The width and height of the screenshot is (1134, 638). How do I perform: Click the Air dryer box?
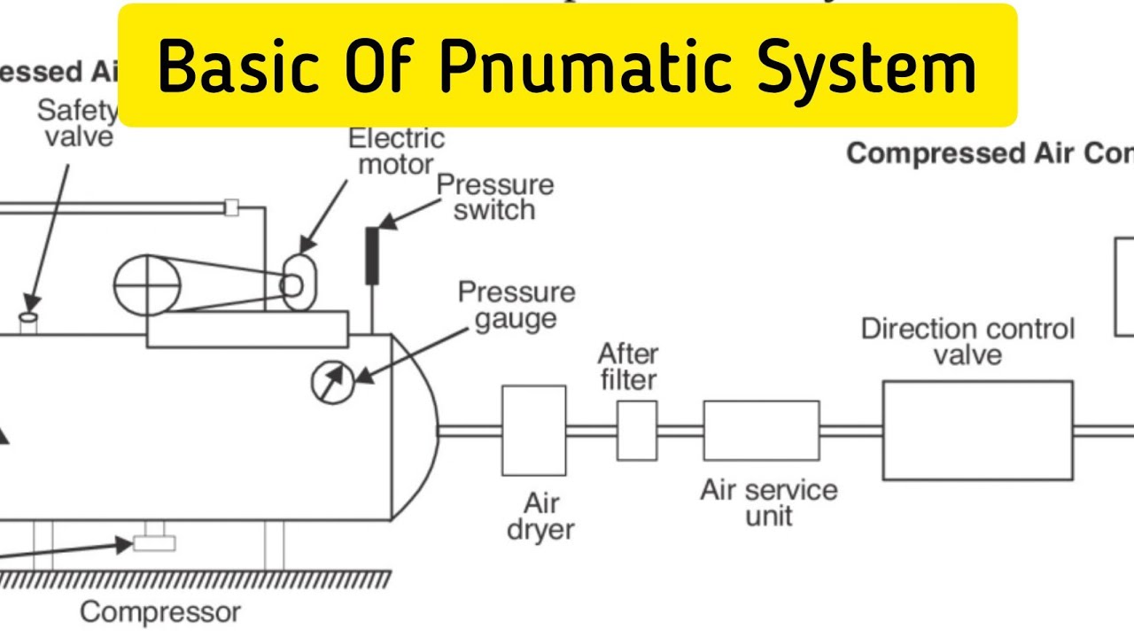(533, 430)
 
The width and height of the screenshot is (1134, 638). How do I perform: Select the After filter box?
(637, 430)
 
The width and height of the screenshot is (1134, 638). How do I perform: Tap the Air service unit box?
(761, 431)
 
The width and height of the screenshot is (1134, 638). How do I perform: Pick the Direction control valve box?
(977, 430)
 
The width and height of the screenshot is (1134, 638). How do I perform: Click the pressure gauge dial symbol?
(332, 381)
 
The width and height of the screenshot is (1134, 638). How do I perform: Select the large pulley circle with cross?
(148, 285)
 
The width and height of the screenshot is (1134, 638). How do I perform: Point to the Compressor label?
(160, 611)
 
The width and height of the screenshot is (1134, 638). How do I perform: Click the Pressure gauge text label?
(516, 305)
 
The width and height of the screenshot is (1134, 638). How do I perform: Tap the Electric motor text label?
(395, 151)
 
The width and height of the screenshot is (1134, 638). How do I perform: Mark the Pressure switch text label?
(495, 197)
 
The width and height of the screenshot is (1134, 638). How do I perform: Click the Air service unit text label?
(768, 502)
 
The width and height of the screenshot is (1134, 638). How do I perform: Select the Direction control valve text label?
(967, 341)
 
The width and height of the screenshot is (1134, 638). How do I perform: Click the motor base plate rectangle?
(247, 329)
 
